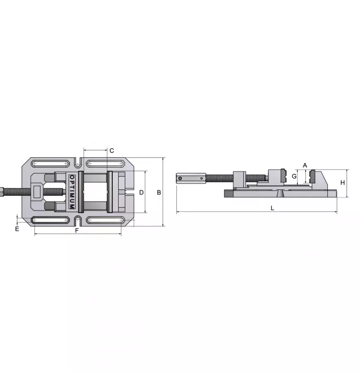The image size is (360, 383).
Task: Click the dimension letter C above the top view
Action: click(111, 150)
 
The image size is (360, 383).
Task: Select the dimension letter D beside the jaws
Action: click(142, 192)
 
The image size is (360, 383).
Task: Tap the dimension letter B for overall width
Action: click(159, 192)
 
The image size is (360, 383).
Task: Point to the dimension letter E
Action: click(17, 229)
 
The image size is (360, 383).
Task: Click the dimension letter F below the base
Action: click(77, 231)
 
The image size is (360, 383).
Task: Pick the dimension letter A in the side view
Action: click(305, 165)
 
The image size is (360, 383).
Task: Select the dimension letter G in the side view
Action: click(294, 176)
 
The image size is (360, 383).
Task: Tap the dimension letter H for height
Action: click(343, 183)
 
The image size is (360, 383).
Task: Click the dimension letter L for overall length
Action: click(272, 208)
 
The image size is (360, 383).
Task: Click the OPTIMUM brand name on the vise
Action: click(71, 192)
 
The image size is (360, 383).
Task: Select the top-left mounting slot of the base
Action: click(50, 163)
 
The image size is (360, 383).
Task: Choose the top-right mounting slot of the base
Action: click(105, 163)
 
